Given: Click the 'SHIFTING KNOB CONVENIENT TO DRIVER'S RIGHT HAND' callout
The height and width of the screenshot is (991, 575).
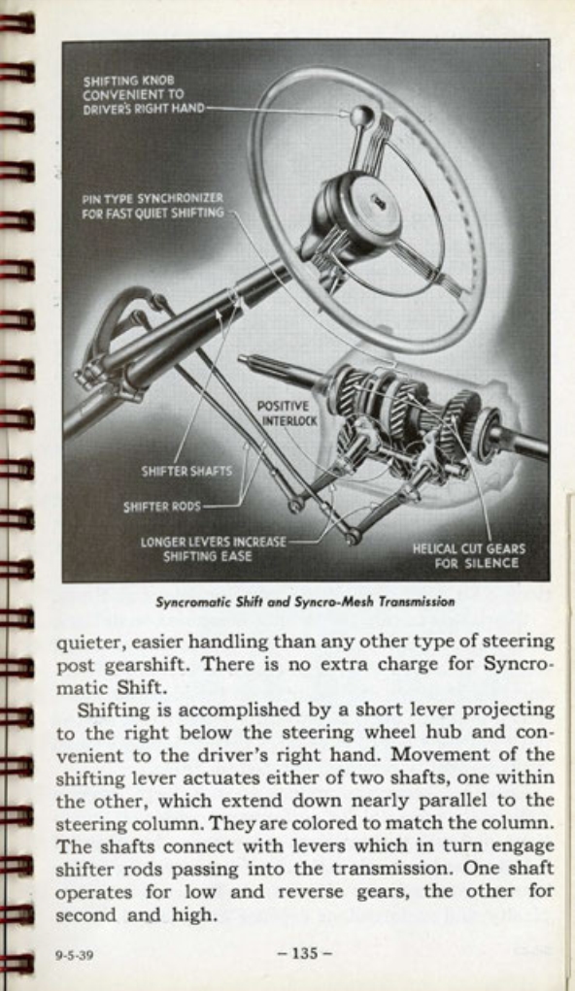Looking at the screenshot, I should click(x=143, y=94).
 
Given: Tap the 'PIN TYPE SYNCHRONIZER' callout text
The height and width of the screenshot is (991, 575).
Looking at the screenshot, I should click(x=152, y=205).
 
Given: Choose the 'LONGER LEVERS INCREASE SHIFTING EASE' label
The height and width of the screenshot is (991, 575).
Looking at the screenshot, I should click(x=214, y=548).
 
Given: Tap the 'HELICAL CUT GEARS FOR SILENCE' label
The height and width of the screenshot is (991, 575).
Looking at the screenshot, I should click(x=469, y=555).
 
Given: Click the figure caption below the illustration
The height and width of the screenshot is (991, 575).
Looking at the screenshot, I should click(x=305, y=601).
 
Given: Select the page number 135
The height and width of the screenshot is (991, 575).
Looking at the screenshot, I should click(x=305, y=953).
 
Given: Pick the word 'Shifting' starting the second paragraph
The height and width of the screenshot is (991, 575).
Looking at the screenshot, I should click(x=112, y=710).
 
